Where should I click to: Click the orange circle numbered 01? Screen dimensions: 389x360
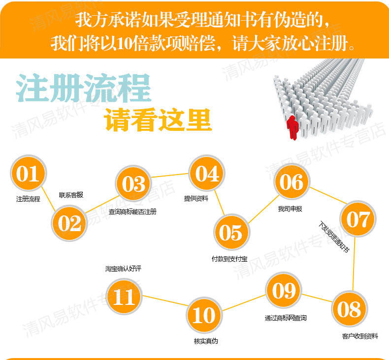pos(28,174)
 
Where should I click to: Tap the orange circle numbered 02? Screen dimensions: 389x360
pos(70,223)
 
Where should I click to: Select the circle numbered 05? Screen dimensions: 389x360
pos(231,232)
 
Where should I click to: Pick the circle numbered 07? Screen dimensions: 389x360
pos(357,219)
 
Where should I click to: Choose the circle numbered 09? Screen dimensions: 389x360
pos(284,291)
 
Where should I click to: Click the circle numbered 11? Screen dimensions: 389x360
pos(124,297)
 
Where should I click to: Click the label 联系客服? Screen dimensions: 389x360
pos(71,195)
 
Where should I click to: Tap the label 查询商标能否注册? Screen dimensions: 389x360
pos(132,211)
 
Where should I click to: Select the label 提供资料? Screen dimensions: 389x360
pos(196,198)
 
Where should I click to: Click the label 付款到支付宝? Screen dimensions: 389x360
pos(229,259)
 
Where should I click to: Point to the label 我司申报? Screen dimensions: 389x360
pos(290,209)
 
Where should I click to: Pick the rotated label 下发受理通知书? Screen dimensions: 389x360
pos(334,238)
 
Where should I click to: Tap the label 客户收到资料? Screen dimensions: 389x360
pos(360,336)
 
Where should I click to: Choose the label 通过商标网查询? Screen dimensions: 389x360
pos(286,318)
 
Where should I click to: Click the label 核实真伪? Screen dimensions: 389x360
pos(206,341)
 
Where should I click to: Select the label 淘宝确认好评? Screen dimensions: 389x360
pos(120,269)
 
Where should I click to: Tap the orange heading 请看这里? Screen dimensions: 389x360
pos(159,120)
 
